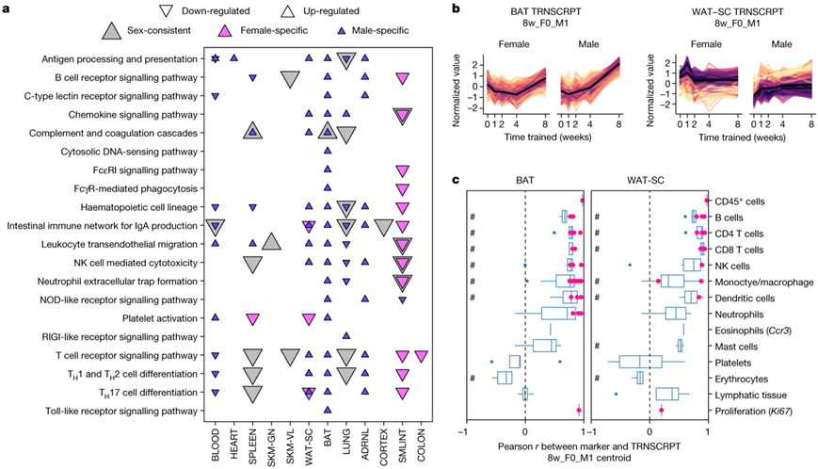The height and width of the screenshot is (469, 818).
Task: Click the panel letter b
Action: (x=457, y=8)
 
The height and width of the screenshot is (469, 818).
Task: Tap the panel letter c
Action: (x=457, y=180)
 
